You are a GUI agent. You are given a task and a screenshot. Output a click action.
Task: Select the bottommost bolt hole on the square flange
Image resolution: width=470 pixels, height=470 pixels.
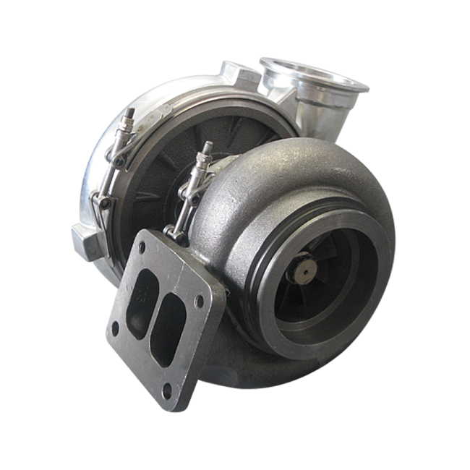pos(167,393)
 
